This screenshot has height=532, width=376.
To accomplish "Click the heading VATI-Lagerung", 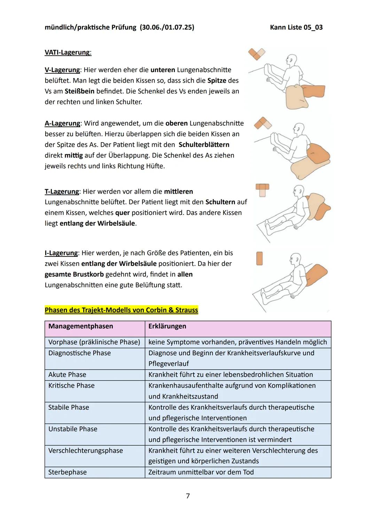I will (68, 52).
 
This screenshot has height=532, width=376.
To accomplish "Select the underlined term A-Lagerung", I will (62, 123).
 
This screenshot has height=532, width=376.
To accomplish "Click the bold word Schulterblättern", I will (204, 145).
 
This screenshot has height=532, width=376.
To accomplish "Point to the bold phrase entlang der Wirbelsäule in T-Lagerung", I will (97, 223).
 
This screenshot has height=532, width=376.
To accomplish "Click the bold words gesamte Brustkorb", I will (74, 275).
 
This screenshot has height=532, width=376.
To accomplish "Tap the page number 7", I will (188, 496).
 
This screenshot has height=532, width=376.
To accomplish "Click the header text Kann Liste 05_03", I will (296, 27).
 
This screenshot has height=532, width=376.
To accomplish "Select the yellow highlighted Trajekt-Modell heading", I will (121, 310).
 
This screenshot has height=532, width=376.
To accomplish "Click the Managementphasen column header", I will (81, 326).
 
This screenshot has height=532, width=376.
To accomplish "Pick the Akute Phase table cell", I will (67, 375).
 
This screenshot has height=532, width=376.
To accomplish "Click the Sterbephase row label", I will (68, 472).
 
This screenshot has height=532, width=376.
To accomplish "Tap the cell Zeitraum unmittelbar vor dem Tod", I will (201, 472).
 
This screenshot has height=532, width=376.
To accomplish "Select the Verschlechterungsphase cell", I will (86, 451).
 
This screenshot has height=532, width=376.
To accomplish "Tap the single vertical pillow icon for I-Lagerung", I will (259, 259).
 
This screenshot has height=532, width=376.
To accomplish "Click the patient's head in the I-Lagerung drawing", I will (295, 259).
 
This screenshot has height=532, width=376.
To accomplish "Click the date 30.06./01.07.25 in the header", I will (167, 27).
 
